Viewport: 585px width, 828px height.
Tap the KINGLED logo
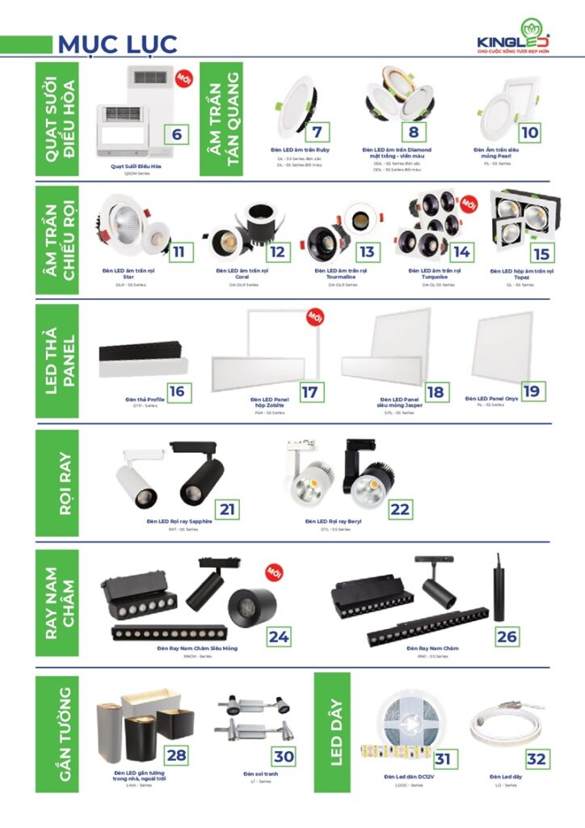tap(513, 38)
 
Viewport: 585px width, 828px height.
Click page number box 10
tap(529, 133)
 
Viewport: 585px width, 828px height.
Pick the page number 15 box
tap(541, 253)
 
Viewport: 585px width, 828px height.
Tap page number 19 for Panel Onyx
tap(531, 391)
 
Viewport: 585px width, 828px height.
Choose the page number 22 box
tap(400, 509)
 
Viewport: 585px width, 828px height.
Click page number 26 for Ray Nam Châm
tap(507, 636)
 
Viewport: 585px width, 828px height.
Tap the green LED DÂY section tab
tap(331, 732)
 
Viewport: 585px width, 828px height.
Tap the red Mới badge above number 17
tap(314, 316)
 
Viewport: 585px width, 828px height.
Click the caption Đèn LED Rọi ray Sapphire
tap(179, 522)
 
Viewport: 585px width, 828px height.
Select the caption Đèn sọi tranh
tap(260, 774)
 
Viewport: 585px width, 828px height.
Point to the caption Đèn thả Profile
tap(145, 400)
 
